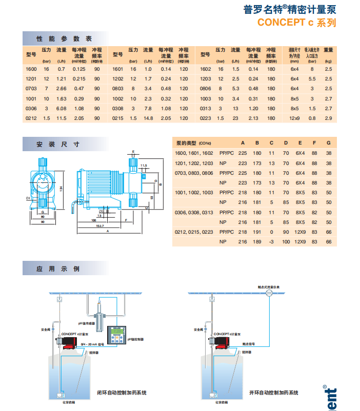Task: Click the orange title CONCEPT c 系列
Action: [296, 23]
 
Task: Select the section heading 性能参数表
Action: [64, 38]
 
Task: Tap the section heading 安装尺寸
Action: [57, 145]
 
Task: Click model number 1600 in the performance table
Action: [31, 69]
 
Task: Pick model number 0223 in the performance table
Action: [206, 118]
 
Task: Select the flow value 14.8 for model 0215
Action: [149, 118]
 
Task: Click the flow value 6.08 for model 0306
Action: [62, 109]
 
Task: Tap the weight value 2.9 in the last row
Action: [329, 118]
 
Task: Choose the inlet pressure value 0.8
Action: [311, 118]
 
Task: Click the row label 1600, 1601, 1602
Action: [193, 153]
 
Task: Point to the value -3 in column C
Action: [272, 242]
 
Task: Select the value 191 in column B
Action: [257, 232]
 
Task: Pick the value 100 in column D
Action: [286, 242]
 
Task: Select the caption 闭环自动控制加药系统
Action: [122, 393]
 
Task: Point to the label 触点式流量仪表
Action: [268, 288]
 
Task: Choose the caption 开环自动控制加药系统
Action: [273, 393]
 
